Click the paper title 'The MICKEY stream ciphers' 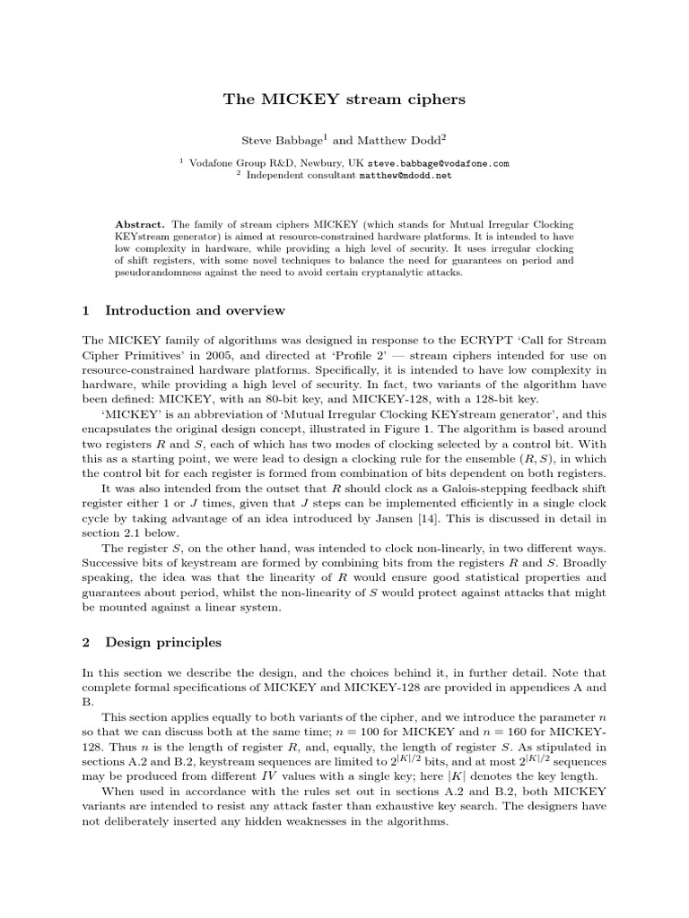pos(344,100)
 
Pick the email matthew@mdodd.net pos(406,176)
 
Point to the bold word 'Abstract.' pos(141,222)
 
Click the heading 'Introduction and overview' pos(195,310)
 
